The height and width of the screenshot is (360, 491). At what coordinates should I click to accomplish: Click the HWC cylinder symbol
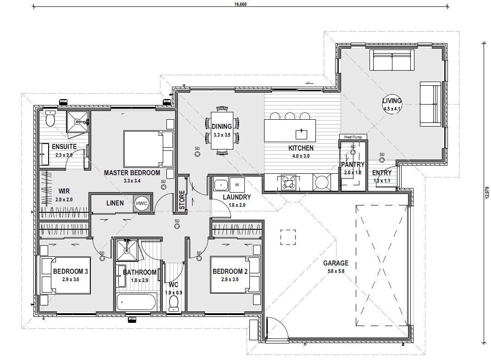(142, 203)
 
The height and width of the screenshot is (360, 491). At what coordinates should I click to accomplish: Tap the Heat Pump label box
(353, 137)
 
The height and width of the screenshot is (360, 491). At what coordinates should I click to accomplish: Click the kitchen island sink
(301, 134)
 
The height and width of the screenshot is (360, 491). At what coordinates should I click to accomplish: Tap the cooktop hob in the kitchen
(288, 182)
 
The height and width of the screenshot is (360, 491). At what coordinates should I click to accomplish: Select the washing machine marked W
(237, 184)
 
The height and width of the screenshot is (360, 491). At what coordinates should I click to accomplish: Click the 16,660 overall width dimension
(241, 5)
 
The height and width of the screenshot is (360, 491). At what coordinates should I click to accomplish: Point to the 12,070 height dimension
(486, 193)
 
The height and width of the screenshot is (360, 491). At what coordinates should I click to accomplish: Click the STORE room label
(182, 200)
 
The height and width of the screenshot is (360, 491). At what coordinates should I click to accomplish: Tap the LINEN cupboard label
(115, 203)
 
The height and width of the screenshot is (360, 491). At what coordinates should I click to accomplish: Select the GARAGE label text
(336, 263)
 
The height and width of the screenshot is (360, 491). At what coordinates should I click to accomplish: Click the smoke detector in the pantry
(353, 152)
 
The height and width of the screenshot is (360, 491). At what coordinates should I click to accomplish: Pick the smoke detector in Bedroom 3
(102, 258)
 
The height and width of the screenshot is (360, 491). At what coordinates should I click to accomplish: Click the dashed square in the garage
(288, 237)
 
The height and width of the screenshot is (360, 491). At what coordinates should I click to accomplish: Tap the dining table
(222, 131)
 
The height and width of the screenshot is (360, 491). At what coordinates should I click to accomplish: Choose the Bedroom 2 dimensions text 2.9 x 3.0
(230, 279)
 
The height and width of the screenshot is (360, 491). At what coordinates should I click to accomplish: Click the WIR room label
(64, 191)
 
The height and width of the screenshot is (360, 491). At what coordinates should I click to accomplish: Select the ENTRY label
(382, 172)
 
